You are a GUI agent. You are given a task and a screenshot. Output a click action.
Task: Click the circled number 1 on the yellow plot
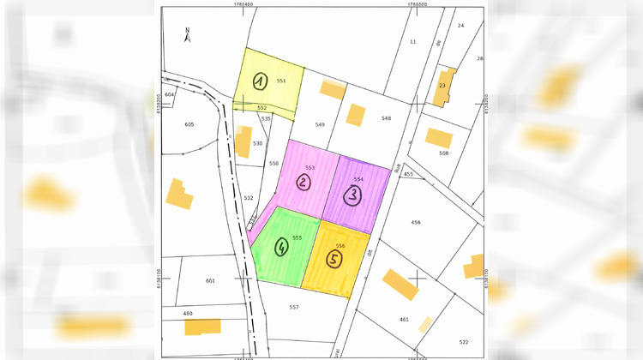pyautogui.click(x=261, y=81)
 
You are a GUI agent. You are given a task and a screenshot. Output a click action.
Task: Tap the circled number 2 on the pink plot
pyautogui.click(x=303, y=182)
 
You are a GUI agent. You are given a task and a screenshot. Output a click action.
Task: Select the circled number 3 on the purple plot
pyautogui.click(x=353, y=195)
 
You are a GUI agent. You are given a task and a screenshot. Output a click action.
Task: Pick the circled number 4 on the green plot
pyautogui.click(x=280, y=248)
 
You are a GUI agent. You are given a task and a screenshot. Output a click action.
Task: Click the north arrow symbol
pyautogui.click(x=188, y=35)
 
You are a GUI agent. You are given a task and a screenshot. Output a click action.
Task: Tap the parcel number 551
pyautogui.click(x=281, y=81)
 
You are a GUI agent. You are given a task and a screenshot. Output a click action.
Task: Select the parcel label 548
pyautogui.click(x=386, y=117)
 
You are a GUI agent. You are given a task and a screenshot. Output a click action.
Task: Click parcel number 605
pyautogui.click(x=189, y=124)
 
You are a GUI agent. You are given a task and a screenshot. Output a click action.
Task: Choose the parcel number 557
pyautogui.click(x=294, y=306)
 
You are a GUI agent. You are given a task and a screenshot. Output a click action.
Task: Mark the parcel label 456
pyautogui.click(x=416, y=222)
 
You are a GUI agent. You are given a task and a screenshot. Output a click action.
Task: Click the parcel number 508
pyautogui.click(x=443, y=153)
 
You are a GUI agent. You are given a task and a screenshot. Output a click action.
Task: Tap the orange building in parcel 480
pyautogui.click(x=202, y=327)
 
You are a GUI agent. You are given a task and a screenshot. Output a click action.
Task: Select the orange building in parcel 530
pyautogui.click(x=243, y=141)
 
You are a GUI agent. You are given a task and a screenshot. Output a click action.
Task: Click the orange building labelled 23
pyautogui.click(x=444, y=86)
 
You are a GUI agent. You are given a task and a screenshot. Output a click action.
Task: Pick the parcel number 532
pyautogui.click(x=249, y=198)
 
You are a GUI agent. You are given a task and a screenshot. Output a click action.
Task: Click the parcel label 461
pyautogui.click(x=404, y=319)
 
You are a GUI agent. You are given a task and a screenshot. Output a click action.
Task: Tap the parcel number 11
pyautogui.click(x=412, y=41)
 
